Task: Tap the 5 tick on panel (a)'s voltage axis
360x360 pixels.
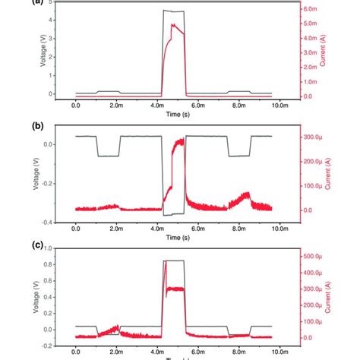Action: [50, 2]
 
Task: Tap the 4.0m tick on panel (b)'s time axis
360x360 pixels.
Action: [157, 228]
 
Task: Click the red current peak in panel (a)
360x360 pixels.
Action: [175, 25]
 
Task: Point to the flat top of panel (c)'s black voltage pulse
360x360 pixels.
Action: [174, 261]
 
